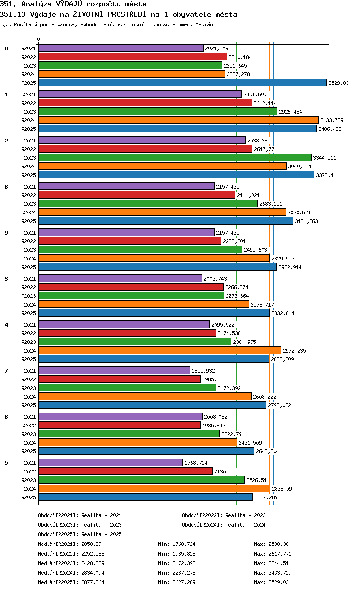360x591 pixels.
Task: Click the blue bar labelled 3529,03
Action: click(x=182, y=83)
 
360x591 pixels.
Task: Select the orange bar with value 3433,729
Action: click(x=179, y=120)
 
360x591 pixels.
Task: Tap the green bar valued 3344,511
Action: click(x=175, y=157)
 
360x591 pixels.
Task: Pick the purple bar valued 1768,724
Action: click(x=110, y=462)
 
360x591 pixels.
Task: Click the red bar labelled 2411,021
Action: click(x=137, y=195)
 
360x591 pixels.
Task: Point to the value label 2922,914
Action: click(x=290, y=267)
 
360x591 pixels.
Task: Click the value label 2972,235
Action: click(x=294, y=351)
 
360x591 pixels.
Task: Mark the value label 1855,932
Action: click(x=203, y=371)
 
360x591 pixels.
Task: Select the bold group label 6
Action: click(x=6, y=187)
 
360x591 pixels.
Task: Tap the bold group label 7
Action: click(x=6, y=371)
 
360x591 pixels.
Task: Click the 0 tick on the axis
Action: click(x=39, y=39)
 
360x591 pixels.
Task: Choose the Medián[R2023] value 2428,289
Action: click(x=93, y=563)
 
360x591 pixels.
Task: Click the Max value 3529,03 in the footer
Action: click(x=278, y=582)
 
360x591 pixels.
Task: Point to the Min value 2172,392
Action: click(x=184, y=563)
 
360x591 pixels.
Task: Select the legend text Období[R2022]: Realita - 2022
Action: click(x=224, y=515)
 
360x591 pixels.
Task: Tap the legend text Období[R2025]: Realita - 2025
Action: click(x=80, y=534)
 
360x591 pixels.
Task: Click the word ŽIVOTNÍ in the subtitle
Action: click(x=88, y=14)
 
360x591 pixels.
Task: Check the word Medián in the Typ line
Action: click(x=204, y=24)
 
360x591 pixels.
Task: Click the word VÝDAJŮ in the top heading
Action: click(x=69, y=4)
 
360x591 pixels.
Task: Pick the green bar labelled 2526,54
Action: click(x=142, y=480)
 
